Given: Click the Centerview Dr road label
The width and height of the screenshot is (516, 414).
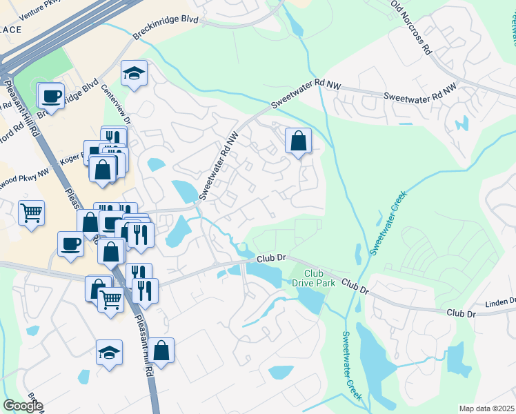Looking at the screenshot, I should click(115, 103).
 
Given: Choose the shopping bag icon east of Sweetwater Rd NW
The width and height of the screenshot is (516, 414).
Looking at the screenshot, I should click(299, 141).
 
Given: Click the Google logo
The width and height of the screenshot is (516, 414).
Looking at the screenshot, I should click(23, 406).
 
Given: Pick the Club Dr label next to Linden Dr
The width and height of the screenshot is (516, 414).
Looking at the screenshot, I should click(462, 313).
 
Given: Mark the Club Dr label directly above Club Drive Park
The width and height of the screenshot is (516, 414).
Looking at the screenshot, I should click(271, 258).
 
